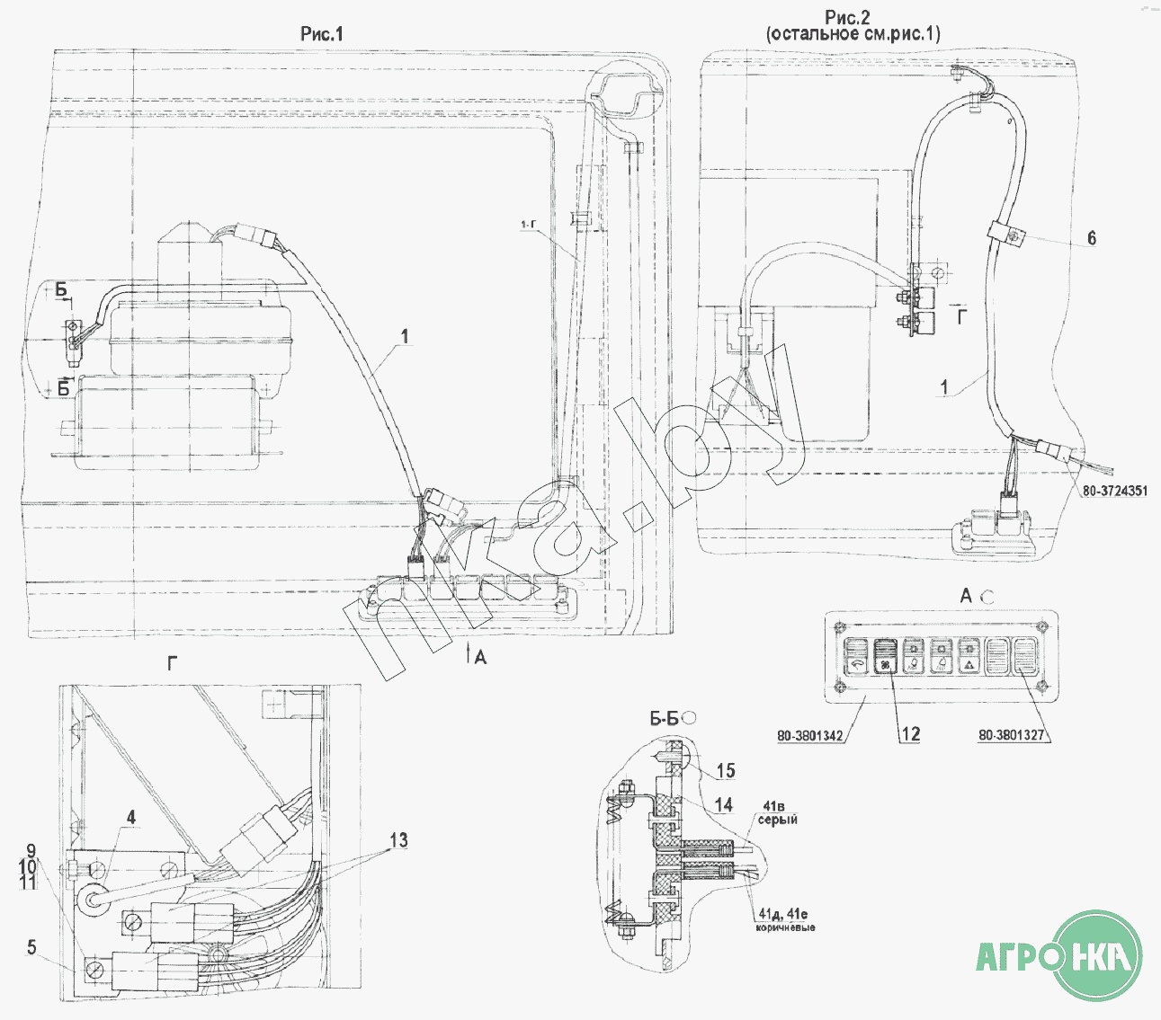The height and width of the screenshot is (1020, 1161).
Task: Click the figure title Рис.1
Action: tap(322, 34)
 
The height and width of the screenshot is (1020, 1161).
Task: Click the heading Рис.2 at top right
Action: tap(847, 17)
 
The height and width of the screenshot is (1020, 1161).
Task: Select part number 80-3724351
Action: tap(1115, 491)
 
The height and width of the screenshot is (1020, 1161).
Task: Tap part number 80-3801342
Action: tap(810, 736)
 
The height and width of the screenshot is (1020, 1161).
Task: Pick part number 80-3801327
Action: tap(1012, 735)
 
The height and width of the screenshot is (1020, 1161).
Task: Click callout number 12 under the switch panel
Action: tap(910, 734)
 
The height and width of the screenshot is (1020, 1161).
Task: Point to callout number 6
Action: tap(1092, 238)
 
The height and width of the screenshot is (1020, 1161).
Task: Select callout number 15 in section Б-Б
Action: tap(725, 770)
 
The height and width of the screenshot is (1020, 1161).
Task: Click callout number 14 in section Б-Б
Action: tap(723, 804)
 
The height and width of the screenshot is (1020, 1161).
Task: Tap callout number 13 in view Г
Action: tap(398, 840)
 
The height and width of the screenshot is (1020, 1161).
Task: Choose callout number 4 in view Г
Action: tap(131, 818)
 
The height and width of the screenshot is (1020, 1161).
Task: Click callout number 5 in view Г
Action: tap(31, 947)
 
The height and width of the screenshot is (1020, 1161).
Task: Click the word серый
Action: tap(777, 820)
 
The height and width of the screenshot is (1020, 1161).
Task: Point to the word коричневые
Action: tap(785, 927)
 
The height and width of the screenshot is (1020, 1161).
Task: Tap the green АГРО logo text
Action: tap(1021, 955)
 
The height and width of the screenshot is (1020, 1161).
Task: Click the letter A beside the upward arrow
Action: tap(480, 658)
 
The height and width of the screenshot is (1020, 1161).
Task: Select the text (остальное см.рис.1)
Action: tap(853, 34)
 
